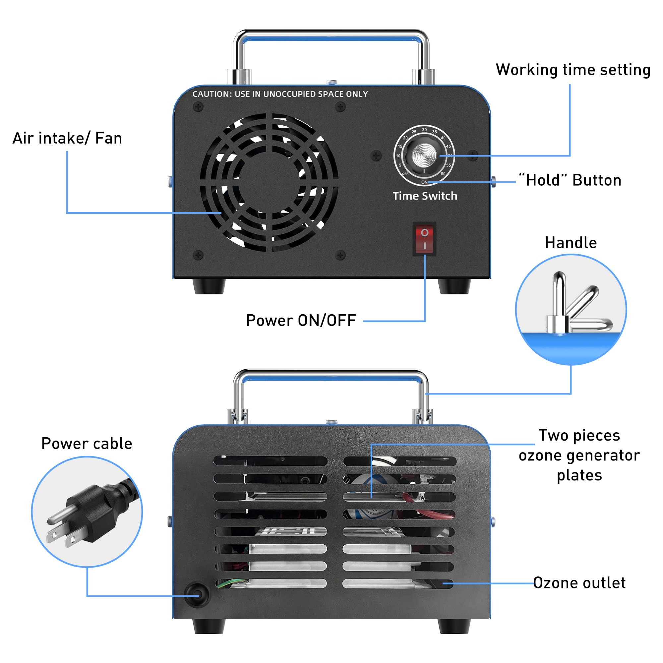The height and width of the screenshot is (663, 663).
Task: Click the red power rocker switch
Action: [x=425, y=239]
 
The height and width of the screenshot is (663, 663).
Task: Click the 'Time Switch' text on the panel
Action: [x=425, y=196]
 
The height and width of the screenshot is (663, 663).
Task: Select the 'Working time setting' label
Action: [x=573, y=70]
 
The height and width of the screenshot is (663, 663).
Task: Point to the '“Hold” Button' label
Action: [x=570, y=180]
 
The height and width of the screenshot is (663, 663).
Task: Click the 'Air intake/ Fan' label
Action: [x=67, y=138]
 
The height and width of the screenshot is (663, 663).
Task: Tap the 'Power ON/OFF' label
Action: [x=301, y=321]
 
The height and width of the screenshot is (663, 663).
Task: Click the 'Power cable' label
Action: [x=87, y=443]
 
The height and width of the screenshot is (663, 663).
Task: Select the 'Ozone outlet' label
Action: [x=579, y=583]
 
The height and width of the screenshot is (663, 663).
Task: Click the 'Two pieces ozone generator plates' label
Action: [x=579, y=455]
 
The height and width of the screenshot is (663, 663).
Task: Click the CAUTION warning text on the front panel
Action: [x=280, y=94]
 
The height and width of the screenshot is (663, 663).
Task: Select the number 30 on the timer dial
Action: [x=425, y=130]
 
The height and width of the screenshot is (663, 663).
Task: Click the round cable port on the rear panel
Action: [x=197, y=595]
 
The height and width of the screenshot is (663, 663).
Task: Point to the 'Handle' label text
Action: [x=571, y=243]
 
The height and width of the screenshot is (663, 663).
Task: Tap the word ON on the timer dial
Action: [x=425, y=182]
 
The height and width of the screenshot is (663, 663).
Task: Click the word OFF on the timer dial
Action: [x=405, y=174]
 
